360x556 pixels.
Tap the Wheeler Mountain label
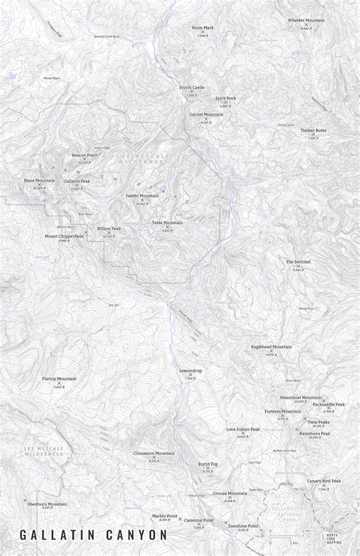[306, 20]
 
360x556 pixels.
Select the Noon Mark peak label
[203, 27]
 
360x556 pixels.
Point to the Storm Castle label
[191, 87]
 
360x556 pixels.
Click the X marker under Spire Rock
[225, 103]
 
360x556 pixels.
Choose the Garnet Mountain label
[206, 114]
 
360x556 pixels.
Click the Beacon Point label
[85, 155]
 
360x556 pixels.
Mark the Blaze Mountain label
[39, 180]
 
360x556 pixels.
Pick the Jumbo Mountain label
[142, 195]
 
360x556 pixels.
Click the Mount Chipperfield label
[64, 235]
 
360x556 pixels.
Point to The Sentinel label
[298, 261]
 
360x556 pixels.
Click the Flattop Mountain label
[59, 378]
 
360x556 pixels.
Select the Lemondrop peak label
[191, 370]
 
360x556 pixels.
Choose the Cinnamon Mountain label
[154, 453]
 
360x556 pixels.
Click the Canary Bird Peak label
[324, 480]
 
